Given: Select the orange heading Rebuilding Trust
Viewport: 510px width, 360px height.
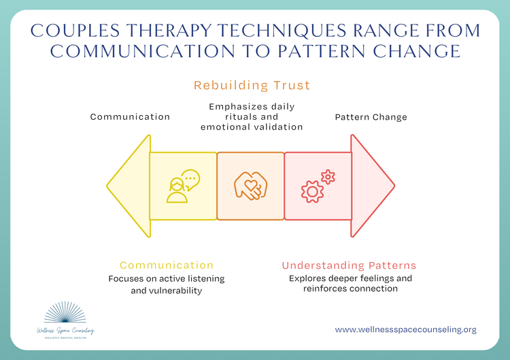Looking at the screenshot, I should pyautogui.click(x=252, y=86).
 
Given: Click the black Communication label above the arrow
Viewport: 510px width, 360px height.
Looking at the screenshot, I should pyautogui.click(x=130, y=117).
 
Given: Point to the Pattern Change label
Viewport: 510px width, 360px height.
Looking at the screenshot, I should pyautogui.click(x=371, y=117).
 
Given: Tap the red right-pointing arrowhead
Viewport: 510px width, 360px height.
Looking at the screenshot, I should pyautogui.click(x=371, y=186).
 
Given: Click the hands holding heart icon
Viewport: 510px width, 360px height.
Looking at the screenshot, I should pyautogui.click(x=250, y=186).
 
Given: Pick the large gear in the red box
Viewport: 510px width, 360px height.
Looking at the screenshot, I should pyautogui.click(x=313, y=191).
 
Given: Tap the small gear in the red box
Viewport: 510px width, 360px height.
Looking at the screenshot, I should pyautogui.click(x=328, y=177).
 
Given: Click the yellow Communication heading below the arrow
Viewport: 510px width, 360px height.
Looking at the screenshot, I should pyautogui.click(x=167, y=265).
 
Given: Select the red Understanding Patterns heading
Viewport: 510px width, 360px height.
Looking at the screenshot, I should pyautogui.click(x=350, y=265).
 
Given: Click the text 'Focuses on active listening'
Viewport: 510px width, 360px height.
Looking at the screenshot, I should pyautogui.click(x=167, y=279).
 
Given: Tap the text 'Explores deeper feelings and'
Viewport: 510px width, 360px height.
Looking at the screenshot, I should pyautogui.click(x=350, y=279).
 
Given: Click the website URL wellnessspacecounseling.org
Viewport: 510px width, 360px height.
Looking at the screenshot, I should pyautogui.click(x=405, y=329).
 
